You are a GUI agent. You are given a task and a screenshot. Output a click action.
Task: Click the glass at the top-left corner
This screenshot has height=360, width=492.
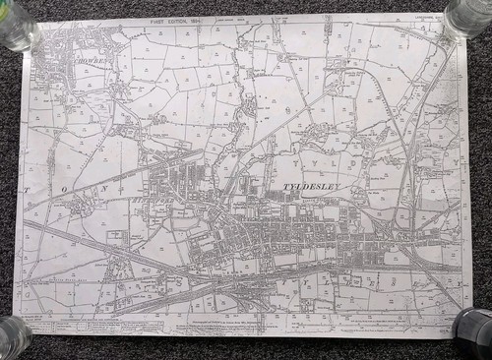17,22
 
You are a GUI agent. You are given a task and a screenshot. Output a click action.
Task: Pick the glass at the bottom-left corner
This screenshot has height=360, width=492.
12,337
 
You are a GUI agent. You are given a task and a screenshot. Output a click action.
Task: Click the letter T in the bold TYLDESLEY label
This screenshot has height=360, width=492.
286,187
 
